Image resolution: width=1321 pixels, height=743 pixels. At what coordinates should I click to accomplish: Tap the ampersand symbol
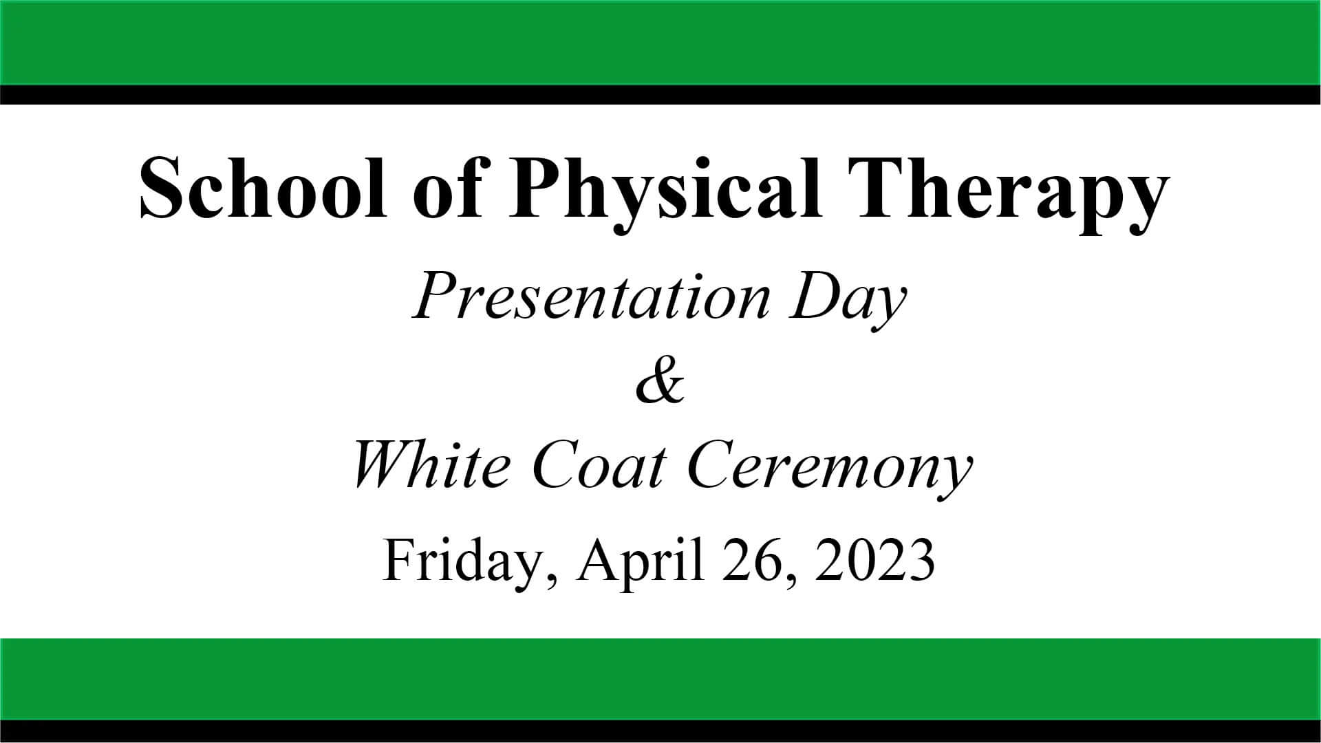[x=660, y=383]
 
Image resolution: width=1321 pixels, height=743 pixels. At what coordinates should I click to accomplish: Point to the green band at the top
[x=660, y=42]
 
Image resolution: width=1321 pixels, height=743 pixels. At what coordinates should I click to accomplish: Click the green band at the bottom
[x=660, y=679]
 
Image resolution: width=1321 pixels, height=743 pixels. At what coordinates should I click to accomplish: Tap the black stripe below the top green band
[x=660, y=94]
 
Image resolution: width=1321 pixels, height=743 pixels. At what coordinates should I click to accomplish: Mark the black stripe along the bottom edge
[x=660, y=731]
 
